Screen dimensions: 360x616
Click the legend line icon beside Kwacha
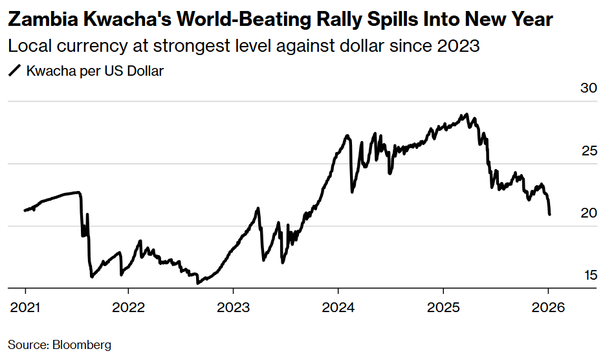click(x=15, y=71)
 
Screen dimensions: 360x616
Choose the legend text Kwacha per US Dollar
click(x=94, y=71)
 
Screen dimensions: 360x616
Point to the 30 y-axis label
click(x=586, y=89)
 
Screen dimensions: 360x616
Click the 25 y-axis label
click(x=586, y=151)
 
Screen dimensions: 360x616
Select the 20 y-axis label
click(x=586, y=213)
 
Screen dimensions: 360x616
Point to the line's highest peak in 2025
click(x=465, y=115)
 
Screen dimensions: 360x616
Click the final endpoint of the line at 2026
click(x=549, y=214)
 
